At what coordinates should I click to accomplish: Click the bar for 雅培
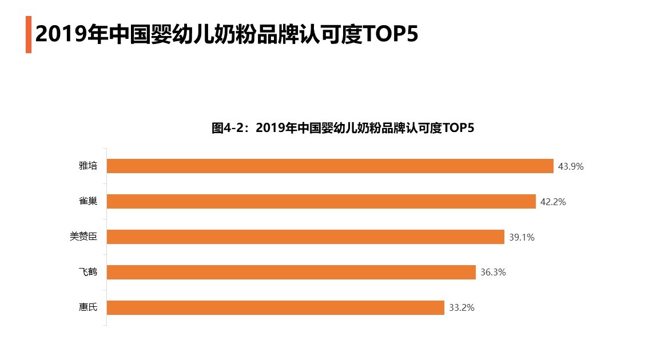pos(330,166)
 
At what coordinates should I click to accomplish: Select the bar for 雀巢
pos(321,201)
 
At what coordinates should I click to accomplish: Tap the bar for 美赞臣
pos(305,237)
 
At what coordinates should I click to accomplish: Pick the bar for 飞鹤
pos(291,272)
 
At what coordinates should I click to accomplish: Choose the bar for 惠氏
pos(276,307)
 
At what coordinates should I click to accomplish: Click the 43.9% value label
pos(571,166)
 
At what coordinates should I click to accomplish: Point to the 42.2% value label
pos(553,202)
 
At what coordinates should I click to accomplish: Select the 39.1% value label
pos(521,237)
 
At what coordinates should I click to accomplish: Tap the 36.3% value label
pos(493,273)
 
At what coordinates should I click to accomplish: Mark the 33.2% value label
pos(461,308)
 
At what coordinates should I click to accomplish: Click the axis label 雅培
pos(88,166)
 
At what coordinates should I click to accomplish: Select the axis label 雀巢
pos(88,202)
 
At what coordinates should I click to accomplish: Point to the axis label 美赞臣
pos(83,237)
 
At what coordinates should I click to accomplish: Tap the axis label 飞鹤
pos(88,272)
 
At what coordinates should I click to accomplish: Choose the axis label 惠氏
pos(88,307)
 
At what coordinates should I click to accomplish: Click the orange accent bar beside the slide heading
pos(28,35)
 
